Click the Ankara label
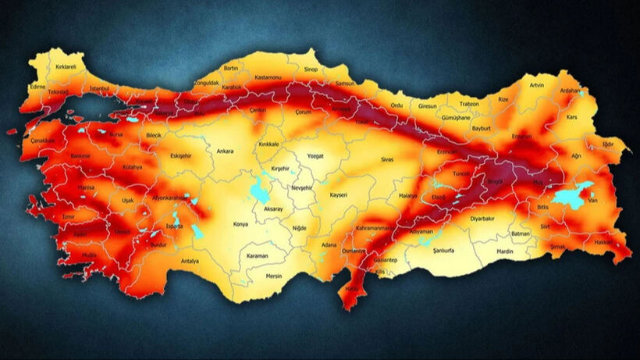225,151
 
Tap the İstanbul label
100,89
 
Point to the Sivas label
387,159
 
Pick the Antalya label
190,261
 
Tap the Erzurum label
521,137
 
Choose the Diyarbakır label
483,219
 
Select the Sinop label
311,69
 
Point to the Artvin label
536,85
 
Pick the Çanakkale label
43,141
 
